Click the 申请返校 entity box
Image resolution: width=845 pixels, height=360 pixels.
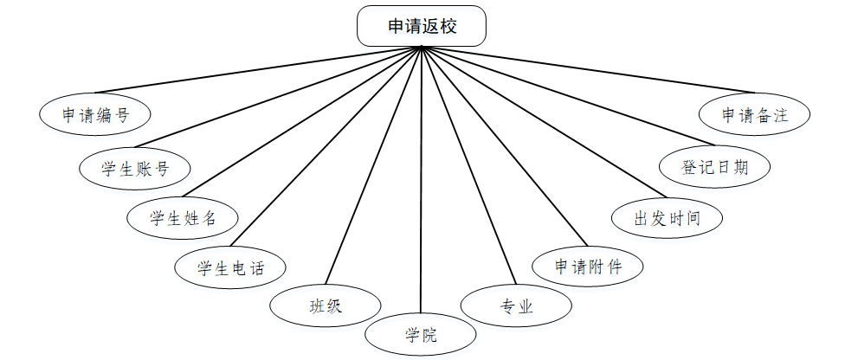(422, 27)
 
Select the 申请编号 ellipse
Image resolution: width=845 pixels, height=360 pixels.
(95, 115)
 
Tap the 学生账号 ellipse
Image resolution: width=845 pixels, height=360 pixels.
(134, 168)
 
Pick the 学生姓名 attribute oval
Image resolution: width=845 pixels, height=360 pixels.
(183, 218)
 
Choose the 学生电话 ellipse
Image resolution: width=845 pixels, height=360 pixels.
(230, 268)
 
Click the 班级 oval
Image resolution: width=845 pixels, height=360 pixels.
(325, 305)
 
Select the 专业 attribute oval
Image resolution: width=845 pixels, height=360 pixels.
(516, 305)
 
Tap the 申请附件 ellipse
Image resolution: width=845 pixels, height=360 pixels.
(589, 266)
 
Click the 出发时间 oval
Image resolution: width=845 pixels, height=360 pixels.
(667, 217)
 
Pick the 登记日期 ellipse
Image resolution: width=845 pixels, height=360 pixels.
(714, 167)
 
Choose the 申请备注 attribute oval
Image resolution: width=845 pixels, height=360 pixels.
(756, 114)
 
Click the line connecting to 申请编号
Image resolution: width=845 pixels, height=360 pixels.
(258, 69)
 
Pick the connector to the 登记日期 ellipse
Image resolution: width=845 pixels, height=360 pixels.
(567, 96)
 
